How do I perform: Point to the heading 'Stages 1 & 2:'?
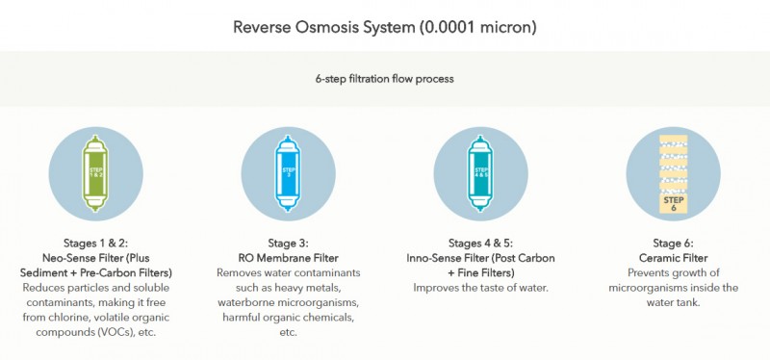click(95, 244)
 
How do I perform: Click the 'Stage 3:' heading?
click(288, 244)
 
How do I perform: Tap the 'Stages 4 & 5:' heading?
click(481, 244)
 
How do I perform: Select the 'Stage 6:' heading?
click(674, 244)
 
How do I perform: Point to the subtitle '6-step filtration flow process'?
click(385, 78)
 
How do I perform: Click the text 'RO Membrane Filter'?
click(288, 259)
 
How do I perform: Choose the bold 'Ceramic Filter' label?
click(674, 259)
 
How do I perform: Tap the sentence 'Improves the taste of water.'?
click(481, 288)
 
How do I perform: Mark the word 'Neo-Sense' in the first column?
click(75, 259)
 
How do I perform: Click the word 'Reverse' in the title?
click(261, 27)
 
